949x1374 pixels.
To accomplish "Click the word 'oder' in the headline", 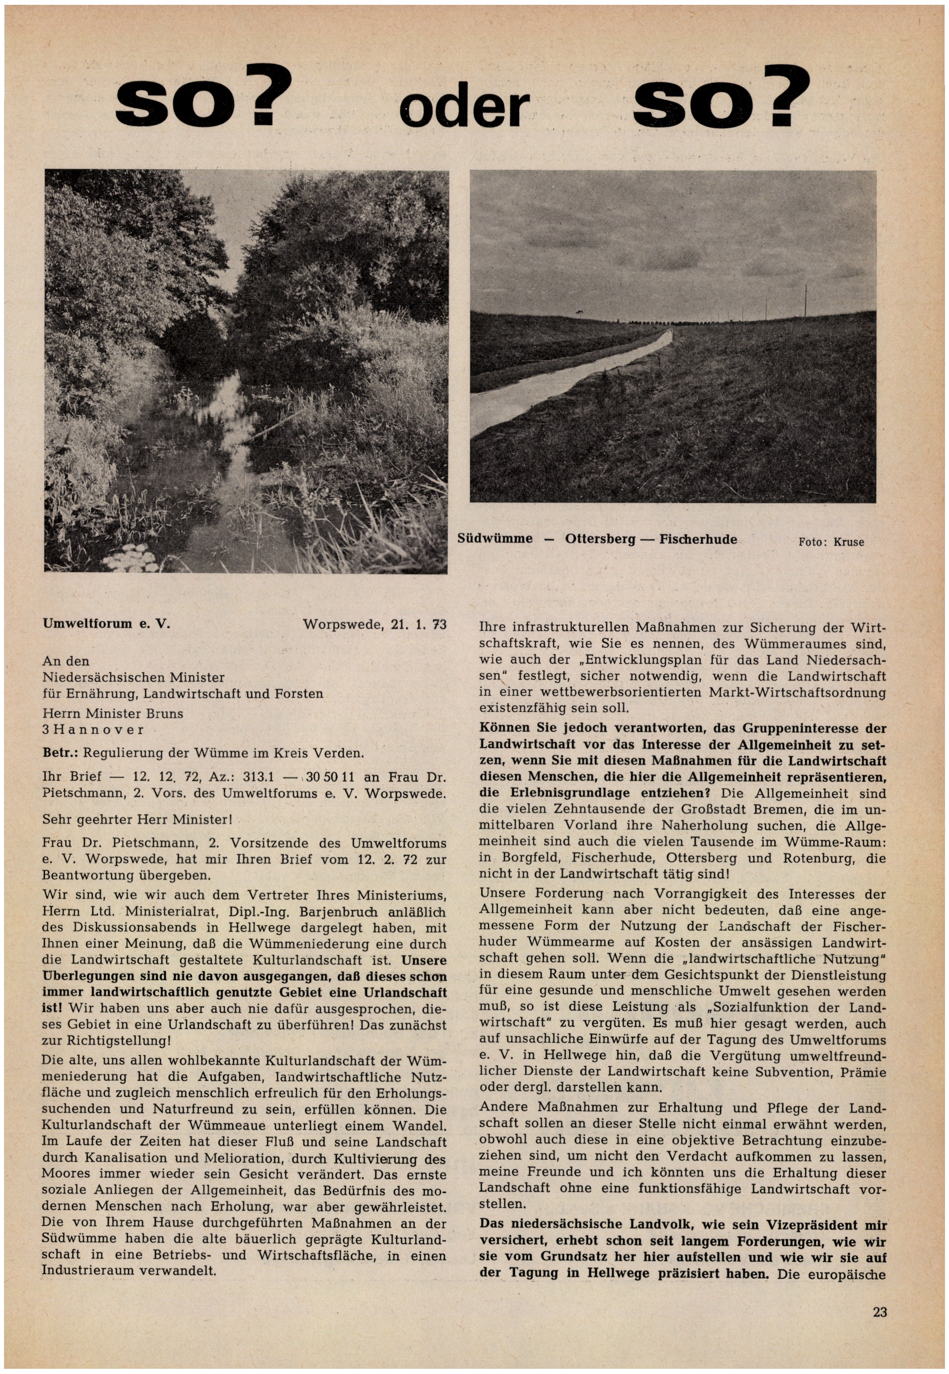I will [x=464, y=108].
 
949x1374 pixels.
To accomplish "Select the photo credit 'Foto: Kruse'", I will [x=831, y=542].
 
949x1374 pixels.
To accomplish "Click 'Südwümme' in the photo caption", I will [x=495, y=539].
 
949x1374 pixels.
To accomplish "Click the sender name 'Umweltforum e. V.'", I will [x=107, y=624].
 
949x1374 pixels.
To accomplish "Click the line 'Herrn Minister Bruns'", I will [x=113, y=713].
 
